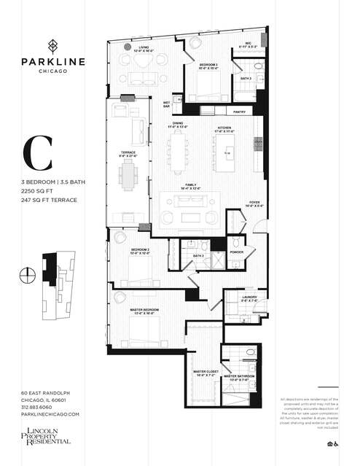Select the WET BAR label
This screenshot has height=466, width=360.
point(167,104)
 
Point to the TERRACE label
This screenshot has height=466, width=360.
point(128,154)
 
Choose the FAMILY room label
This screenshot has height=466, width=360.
point(191,185)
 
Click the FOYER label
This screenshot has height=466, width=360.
point(254,203)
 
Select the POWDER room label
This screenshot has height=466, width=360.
point(236,252)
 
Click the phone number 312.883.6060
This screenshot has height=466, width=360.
point(42,407)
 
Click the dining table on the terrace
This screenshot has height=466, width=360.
point(129,175)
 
